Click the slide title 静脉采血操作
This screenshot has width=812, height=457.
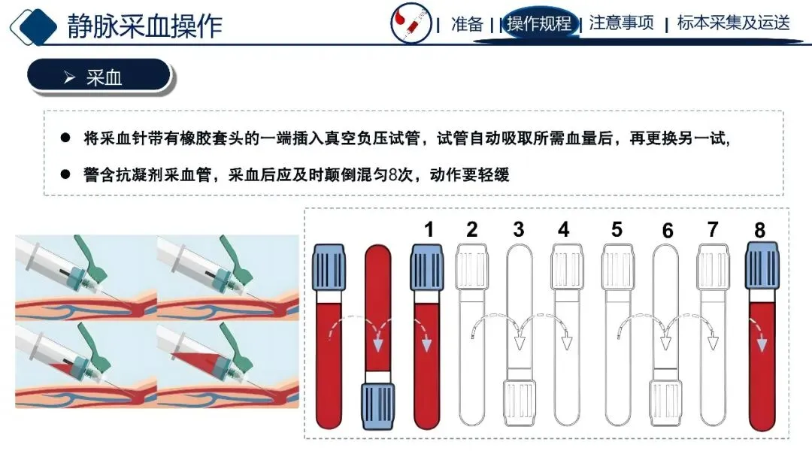click(x=145, y=26)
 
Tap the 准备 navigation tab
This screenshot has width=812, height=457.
click(x=467, y=24)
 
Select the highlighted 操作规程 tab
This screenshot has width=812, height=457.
click(x=539, y=23)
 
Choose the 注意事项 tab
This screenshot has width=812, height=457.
click(x=621, y=23)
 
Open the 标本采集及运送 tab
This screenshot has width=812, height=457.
click(x=734, y=23)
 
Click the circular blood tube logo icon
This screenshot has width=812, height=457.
click(x=411, y=23)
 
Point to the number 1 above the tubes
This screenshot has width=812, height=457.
click(x=429, y=229)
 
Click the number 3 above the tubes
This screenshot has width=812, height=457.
click(x=518, y=229)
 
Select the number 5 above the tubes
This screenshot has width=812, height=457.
click(x=617, y=229)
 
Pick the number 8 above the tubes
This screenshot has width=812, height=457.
click(x=759, y=230)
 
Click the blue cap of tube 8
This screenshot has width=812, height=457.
click(x=762, y=266)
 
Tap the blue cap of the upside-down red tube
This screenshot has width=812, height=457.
click(x=377, y=407)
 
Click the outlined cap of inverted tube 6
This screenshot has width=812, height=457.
click(x=665, y=403)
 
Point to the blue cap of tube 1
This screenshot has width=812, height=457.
click(x=427, y=268)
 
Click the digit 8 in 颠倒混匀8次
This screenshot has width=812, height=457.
click(x=393, y=175)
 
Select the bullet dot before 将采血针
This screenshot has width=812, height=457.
click(x=65, y=138)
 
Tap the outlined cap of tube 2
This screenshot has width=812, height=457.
click(x=471, y=267)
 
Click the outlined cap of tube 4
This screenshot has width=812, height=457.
click(x=567, y=267)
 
